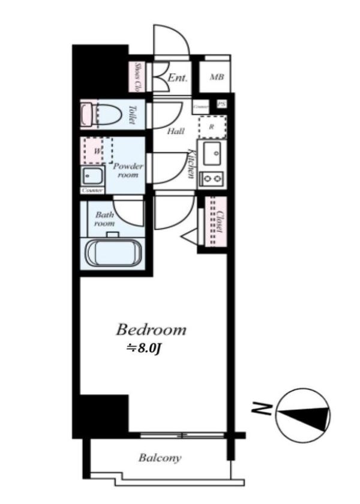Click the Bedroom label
point(151,329)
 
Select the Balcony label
point(160,458)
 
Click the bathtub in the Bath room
point(113,253)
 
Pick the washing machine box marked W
point(98,151)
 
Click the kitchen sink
point(211,155)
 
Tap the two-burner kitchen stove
point(211,178)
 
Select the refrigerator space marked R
point(211,127)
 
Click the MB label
point(216,78)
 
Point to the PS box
point(222,103)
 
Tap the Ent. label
point(178,78)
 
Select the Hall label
point(175,131)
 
